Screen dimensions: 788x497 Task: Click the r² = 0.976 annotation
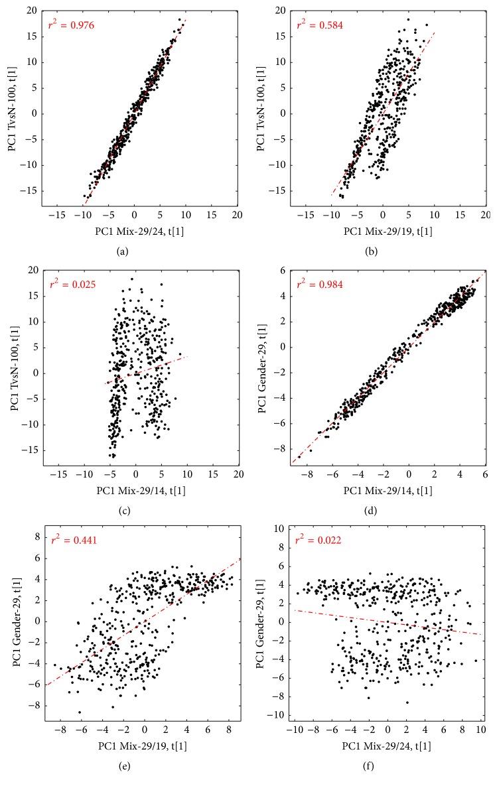pos(72,25)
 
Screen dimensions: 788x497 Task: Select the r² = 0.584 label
pos(320,25)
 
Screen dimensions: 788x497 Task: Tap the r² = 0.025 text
pos(72,285)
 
